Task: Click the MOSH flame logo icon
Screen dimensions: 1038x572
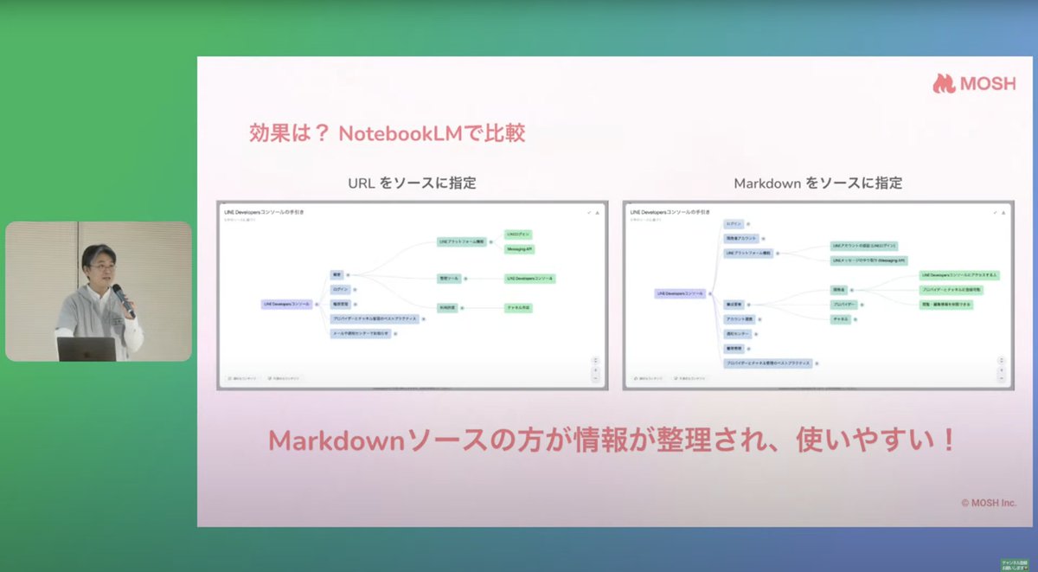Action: pyautogui.click(x=943, y=83)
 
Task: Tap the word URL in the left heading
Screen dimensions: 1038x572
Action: pyautogui.click(x=362, y=183)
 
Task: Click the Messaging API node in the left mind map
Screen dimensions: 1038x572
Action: pyautogui.click(x=519, y=249)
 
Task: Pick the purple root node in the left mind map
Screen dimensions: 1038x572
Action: pyautogui.click(x=287, y=304)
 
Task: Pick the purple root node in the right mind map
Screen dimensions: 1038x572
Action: pyautogui.click(x=680, y=294)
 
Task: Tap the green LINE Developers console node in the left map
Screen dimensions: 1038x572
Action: pyautogui.click(x=529, y=279)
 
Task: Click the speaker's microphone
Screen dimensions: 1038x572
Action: pyautogui.click(x=122, y=298)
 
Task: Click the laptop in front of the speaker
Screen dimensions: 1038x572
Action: pyautogui.click(x=86, y=349)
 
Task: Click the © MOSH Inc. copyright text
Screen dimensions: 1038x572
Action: pyautogui.click(x=988, y=503)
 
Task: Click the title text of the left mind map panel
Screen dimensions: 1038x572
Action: pyautogui.click(x=265, y=211)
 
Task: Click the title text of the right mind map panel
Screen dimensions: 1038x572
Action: pyautogui.click(x=670, y=211)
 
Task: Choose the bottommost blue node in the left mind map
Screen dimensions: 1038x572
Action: pyautogui.click(x=361, y=333)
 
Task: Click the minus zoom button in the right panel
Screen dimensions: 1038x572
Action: pyautogui.click(x=1003, y=378)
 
